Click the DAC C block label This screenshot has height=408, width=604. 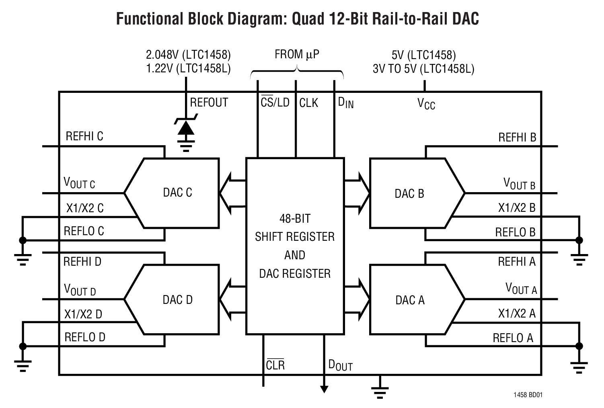[x=177, y=193]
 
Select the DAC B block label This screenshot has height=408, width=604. [x=409, y=194]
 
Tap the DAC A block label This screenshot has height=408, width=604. [x=410, y=300]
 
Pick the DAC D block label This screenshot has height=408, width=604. [x=177, y=299]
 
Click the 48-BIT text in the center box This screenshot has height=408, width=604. [x=295, y=218]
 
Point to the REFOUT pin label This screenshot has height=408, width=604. [x=209, y=103]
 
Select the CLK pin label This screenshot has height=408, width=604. [x=308, y=103]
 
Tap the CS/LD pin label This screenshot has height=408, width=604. [x=275, y=103]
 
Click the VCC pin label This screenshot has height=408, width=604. [x=426, y=104]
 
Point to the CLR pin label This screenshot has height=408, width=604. [x=275, y=365]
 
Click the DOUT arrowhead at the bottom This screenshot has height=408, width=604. [x=324, y=389]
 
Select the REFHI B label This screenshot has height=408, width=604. [x=517, y=137]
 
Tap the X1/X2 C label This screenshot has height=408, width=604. [x=85, y=208]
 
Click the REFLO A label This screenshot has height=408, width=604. [x=513, y=338]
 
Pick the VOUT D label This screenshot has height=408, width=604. [x=80, y=290]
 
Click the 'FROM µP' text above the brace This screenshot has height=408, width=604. [x=297, y=55]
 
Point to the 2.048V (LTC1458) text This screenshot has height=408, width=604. [x=188, y=55]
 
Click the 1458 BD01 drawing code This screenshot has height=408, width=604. [x=528, y=395]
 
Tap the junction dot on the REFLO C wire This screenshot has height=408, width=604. [x=23, y=240]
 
